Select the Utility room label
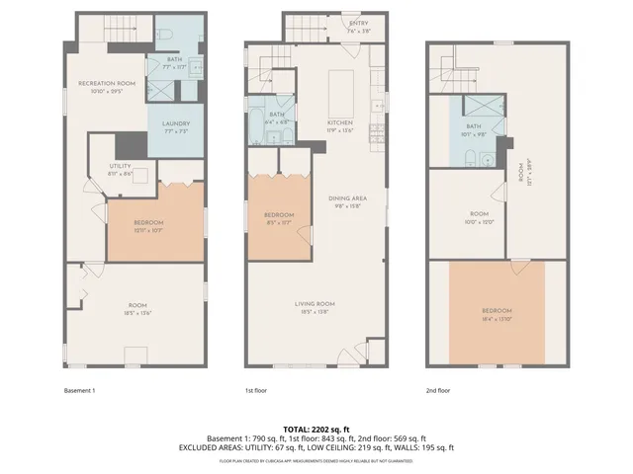pos(119,170)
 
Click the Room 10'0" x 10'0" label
pos(479,219)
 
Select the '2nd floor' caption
pos(437,391)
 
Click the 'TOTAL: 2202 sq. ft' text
pos(316,428)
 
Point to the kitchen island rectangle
pos(343,80)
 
